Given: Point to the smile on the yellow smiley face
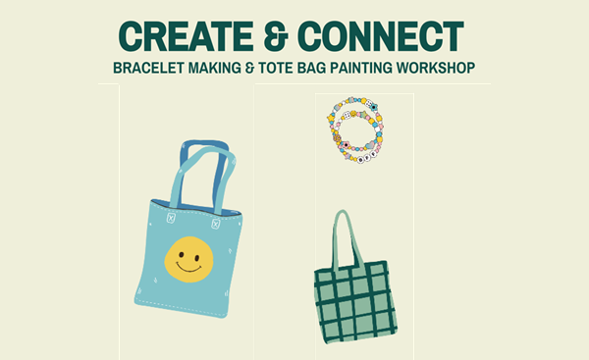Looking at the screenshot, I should [x=190, y=268].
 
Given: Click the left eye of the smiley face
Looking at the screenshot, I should [x=182, y=252].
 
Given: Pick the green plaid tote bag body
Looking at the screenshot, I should [x=355, y=299].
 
